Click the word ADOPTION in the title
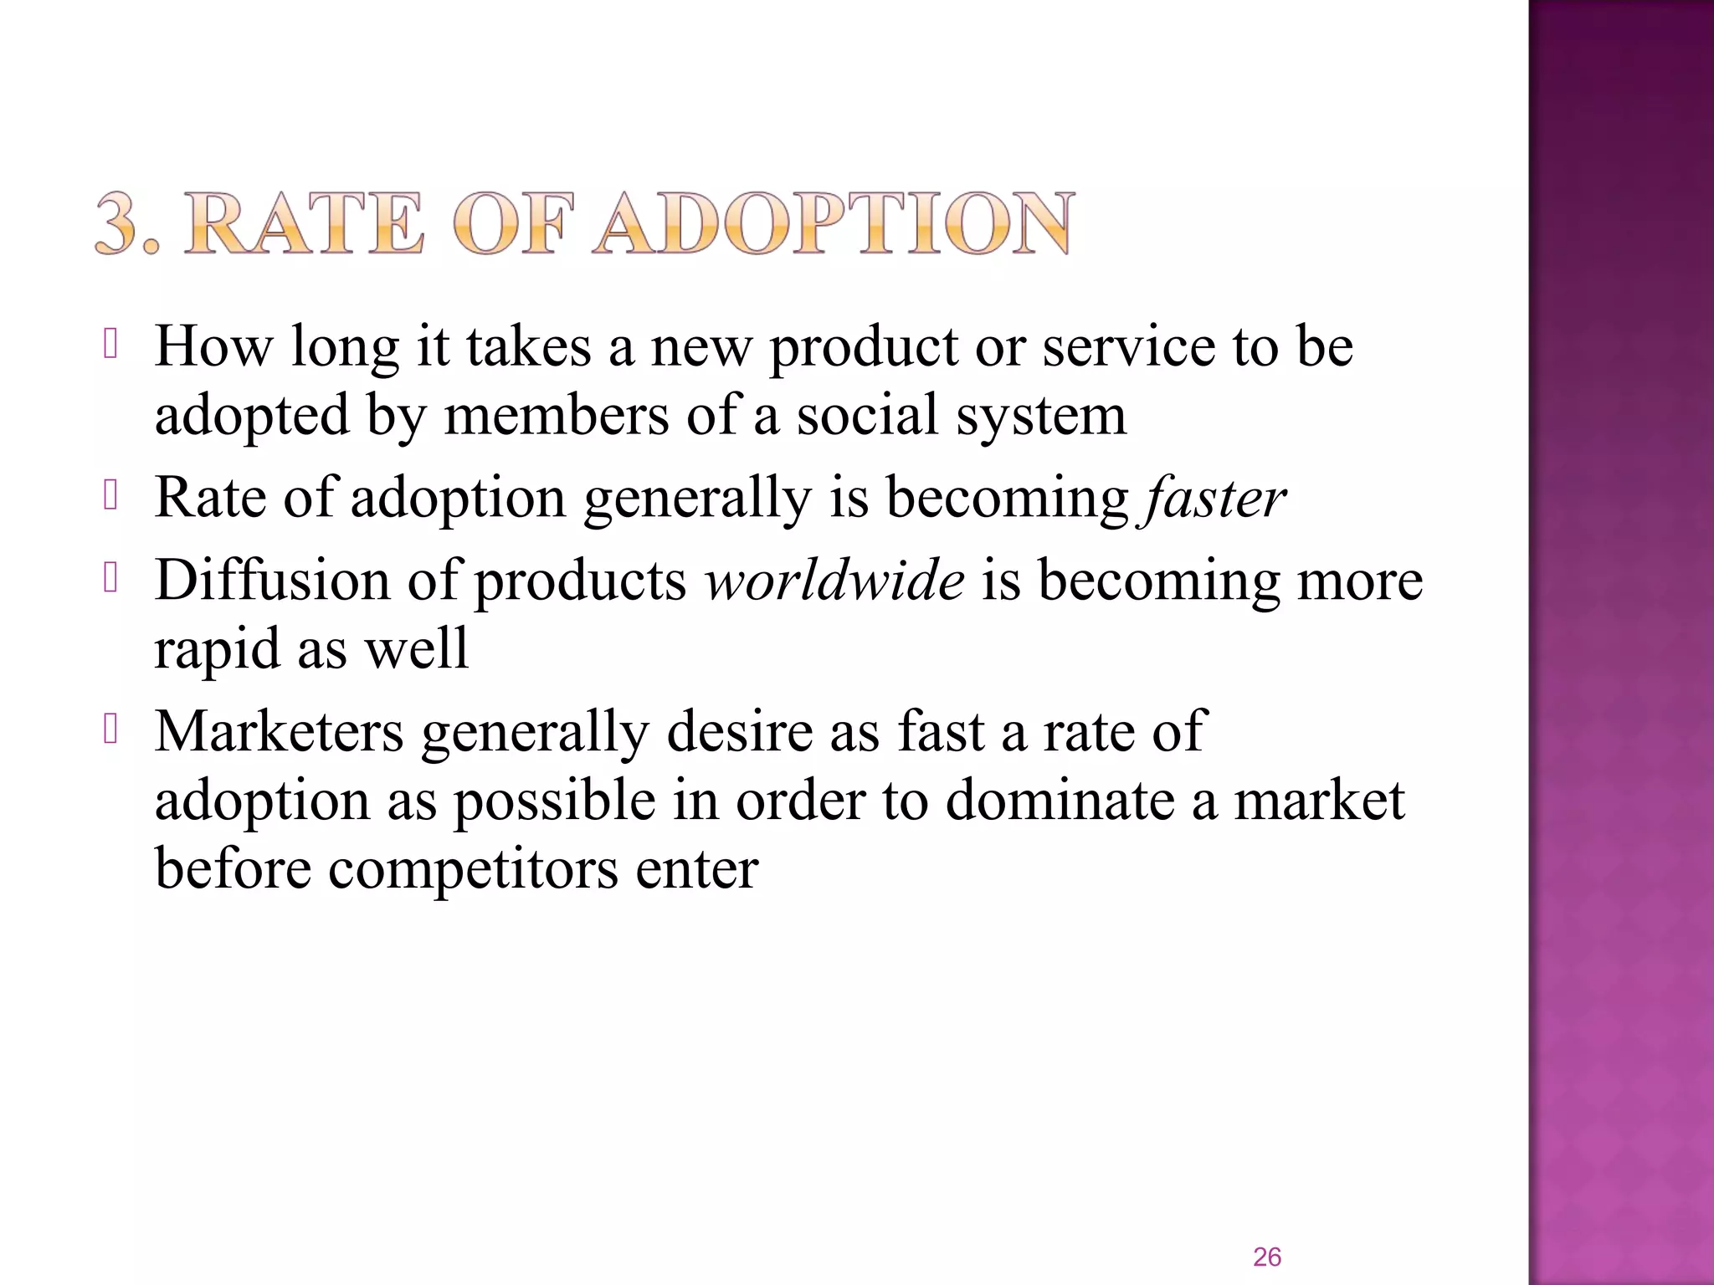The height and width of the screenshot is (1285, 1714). [x=834, y=223]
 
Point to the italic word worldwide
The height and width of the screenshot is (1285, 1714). [x=834, y=580]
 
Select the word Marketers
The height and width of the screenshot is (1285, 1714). [x=280, y=731]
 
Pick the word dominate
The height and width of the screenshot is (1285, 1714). [x=1060, y=800]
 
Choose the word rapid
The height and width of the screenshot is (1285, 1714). [x=217, y=649]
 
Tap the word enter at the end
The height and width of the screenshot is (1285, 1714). [x=697, y=868]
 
